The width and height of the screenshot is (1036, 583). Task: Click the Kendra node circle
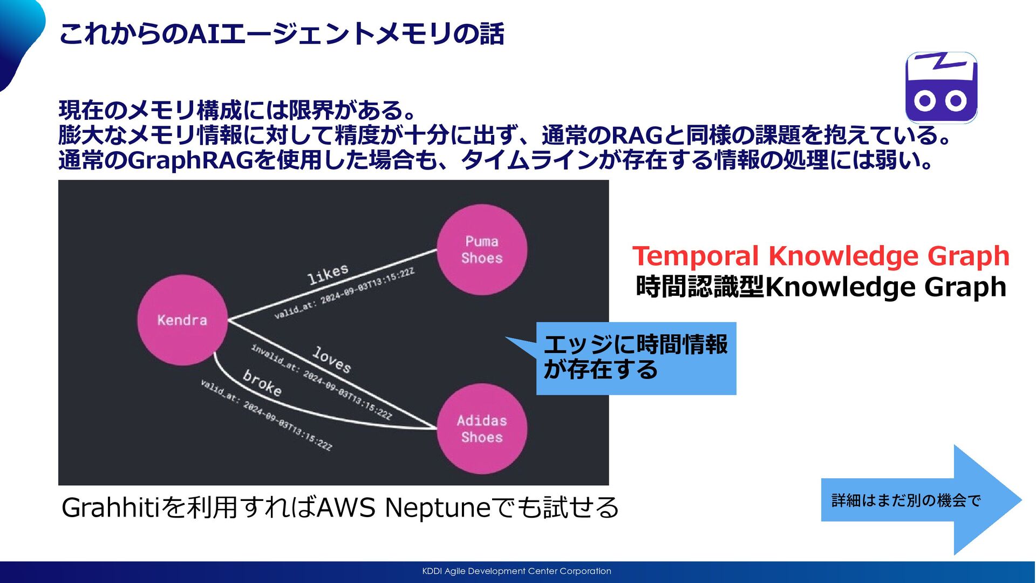(x=182, y=320)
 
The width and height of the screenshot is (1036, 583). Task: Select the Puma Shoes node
(x=482, y=249)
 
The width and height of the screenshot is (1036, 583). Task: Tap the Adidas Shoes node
(x=482, y=429)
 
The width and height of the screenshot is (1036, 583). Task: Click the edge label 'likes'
(x=328, y=274)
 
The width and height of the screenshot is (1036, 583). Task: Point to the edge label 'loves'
(x=332, y=360)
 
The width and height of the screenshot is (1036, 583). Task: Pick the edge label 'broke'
(x=262, y=383)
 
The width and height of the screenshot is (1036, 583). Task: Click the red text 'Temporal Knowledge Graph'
(x=821, y=256)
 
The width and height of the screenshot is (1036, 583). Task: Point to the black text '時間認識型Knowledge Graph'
(x=821, y=287)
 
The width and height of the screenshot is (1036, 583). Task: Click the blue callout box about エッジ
(x=636, y=358)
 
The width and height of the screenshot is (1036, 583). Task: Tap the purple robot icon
(x=941, y=87)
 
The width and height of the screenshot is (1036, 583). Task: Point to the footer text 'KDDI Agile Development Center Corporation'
(x=516, y=571)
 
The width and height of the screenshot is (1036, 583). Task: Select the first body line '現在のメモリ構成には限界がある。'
(x=237, y=110)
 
